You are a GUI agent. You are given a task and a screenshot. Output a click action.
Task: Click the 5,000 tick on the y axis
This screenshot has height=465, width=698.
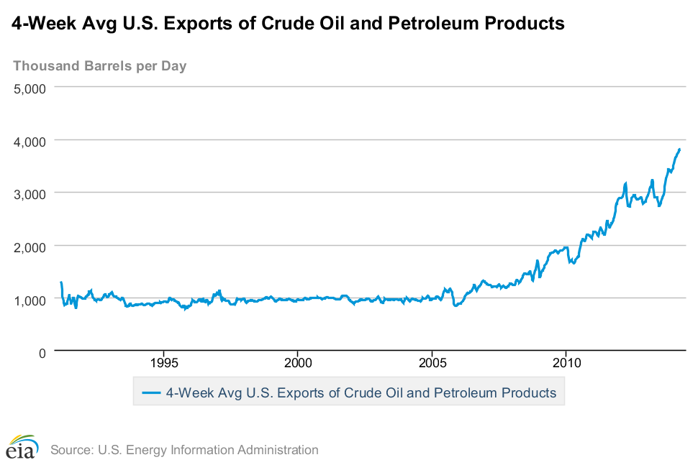(30, 88)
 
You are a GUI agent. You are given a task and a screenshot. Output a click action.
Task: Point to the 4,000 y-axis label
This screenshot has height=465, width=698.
(30, 141)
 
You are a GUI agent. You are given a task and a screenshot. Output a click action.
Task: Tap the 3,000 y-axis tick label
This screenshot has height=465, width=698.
(30, 194)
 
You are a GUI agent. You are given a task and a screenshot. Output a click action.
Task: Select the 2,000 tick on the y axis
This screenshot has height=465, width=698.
(30, 247)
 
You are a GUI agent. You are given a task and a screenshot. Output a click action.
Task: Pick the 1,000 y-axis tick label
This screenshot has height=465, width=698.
(30, 300)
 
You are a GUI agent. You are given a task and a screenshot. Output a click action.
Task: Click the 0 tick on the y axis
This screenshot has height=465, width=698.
(42, 352)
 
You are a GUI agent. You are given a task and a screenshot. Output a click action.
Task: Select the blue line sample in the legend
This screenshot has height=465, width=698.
(151, 393)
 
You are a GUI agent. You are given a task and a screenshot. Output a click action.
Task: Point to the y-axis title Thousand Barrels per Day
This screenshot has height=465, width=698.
(99, 66)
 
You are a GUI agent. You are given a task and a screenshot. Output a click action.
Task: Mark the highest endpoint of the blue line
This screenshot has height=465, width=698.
(679, 149)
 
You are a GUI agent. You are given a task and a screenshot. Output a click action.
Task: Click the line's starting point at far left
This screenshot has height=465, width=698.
(61, 282)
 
